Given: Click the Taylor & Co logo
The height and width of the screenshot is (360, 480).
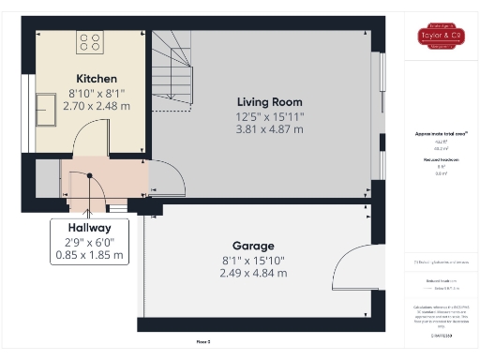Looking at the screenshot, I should [441, 37].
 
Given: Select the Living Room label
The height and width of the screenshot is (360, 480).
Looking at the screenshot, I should [269, 101].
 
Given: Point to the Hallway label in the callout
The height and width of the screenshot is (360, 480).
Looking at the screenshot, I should [89, 228].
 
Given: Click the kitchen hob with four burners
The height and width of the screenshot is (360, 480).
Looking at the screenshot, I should [91, 41].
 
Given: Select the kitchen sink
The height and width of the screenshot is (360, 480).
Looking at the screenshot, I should [48, 109].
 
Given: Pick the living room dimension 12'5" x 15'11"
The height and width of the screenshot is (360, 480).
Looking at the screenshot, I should [269, 115].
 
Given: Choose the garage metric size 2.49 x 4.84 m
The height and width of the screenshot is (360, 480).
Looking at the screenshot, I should [253, 273].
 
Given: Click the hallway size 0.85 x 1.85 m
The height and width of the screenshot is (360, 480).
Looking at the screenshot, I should [89, 255].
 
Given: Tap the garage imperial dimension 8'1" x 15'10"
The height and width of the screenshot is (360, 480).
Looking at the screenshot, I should [253, 260].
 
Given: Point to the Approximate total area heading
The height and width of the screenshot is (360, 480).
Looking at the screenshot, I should [441, 134].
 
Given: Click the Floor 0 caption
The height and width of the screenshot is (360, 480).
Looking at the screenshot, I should [202, 342].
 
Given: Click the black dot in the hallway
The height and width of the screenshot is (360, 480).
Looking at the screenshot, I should [89, 175].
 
